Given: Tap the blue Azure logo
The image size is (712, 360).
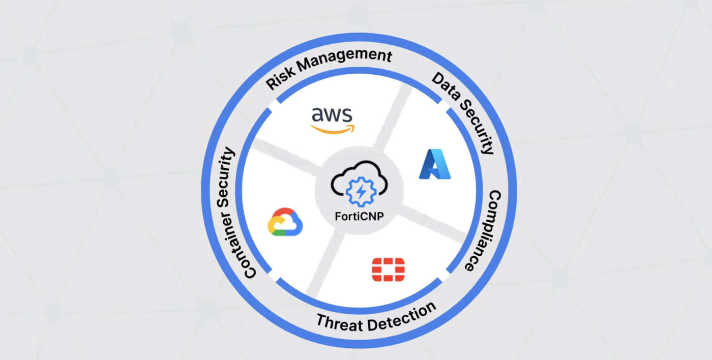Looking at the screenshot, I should (434, 164).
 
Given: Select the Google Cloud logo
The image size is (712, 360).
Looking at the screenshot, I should (285, 222).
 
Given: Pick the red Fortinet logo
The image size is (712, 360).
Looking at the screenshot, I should (388, 269).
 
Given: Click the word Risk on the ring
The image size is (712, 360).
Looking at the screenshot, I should (281, 78).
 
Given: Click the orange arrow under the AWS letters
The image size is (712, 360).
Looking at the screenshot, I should (333, 129).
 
